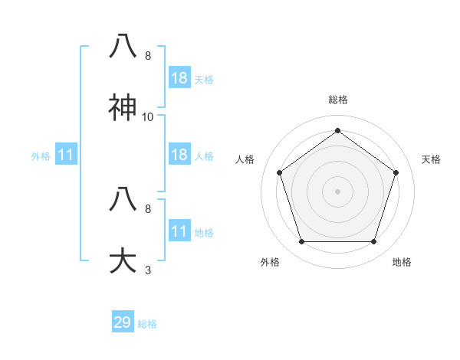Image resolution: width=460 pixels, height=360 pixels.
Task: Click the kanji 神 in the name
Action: pyautogui.click(x=124, y=109)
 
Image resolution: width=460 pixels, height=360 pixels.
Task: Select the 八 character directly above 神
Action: pyautogui.click(x=124, y=47)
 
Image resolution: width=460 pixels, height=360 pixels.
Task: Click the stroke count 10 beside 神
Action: pyautogui.click(x=148, y=117)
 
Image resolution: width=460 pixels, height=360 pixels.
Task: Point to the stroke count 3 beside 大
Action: pyautogui.click(x=148, y=270)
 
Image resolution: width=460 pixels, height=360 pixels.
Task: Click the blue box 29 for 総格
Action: pyautogui.click(x=123, y=322)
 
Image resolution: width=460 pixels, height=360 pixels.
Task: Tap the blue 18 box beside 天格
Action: pyautogui.click(x=179, y=78)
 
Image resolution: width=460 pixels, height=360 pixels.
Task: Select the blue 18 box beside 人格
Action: pyautogui.click(x=179, y=155)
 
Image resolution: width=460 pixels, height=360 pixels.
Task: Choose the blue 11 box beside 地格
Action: pyautogui.click(x=179, y=231)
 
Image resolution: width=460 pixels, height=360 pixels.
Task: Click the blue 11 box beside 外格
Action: pyautogui.click(x=66, y=155)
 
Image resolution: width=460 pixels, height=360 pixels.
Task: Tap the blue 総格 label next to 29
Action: pyautogui.click(x=147, y=324)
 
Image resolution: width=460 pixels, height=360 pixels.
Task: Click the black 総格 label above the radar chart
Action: pyautogui.click(x=338, y=100)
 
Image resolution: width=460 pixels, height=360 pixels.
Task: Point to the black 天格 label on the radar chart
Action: pyautogui.click(x=431, y=159)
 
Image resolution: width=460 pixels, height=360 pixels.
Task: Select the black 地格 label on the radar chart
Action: pyautogui.click(x=402, y=262)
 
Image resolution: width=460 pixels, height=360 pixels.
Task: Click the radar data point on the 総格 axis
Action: pyautogui.click(x=338, y=130)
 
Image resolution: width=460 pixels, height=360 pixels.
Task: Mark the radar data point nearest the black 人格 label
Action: pyautogui.click(x=280, y=173)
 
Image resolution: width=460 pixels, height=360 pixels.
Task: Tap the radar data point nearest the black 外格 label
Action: pyautogui.click(x=301, y=242)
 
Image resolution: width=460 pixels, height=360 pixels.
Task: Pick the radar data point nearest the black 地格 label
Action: pyautogui.click(x=374, y=242)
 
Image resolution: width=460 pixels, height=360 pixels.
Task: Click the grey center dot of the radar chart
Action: pyautogui.click(x=338, y=191)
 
